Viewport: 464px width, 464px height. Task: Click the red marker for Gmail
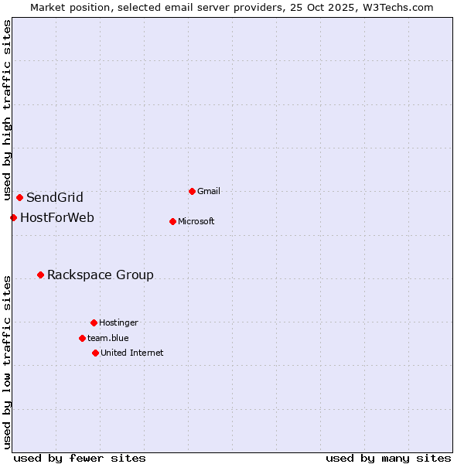[x=192, y=191]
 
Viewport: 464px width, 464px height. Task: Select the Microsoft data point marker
[x=172, y=221]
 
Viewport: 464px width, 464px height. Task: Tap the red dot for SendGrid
[x=19, y=197]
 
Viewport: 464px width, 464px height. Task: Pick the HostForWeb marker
[x=13, y=217]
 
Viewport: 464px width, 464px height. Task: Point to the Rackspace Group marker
[x=40, y=275]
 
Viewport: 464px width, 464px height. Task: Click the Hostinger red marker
[x=94, y=322]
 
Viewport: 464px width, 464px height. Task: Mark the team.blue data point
[x=82, y=338]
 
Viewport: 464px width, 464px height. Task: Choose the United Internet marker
[x=95, y=353]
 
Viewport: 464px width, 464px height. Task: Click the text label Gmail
[x=209, y=191]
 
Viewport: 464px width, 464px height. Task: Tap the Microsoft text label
[x=196, y=221]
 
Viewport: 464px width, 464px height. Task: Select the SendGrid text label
[x=55, y=197]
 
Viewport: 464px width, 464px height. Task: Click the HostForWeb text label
[x=57, y=217]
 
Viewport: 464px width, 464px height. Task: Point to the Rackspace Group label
[x=101, y=275]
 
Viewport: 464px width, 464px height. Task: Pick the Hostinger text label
[x=118, y=322]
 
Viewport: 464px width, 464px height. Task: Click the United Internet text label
[x=132, y=353]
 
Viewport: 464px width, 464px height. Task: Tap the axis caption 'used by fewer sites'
[x=80, y=458]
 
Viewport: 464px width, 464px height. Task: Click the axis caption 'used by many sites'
[x=388, y=458]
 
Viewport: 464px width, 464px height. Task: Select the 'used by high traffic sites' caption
[x=7, y=111]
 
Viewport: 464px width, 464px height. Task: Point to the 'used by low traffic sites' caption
[x=7, y=362]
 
